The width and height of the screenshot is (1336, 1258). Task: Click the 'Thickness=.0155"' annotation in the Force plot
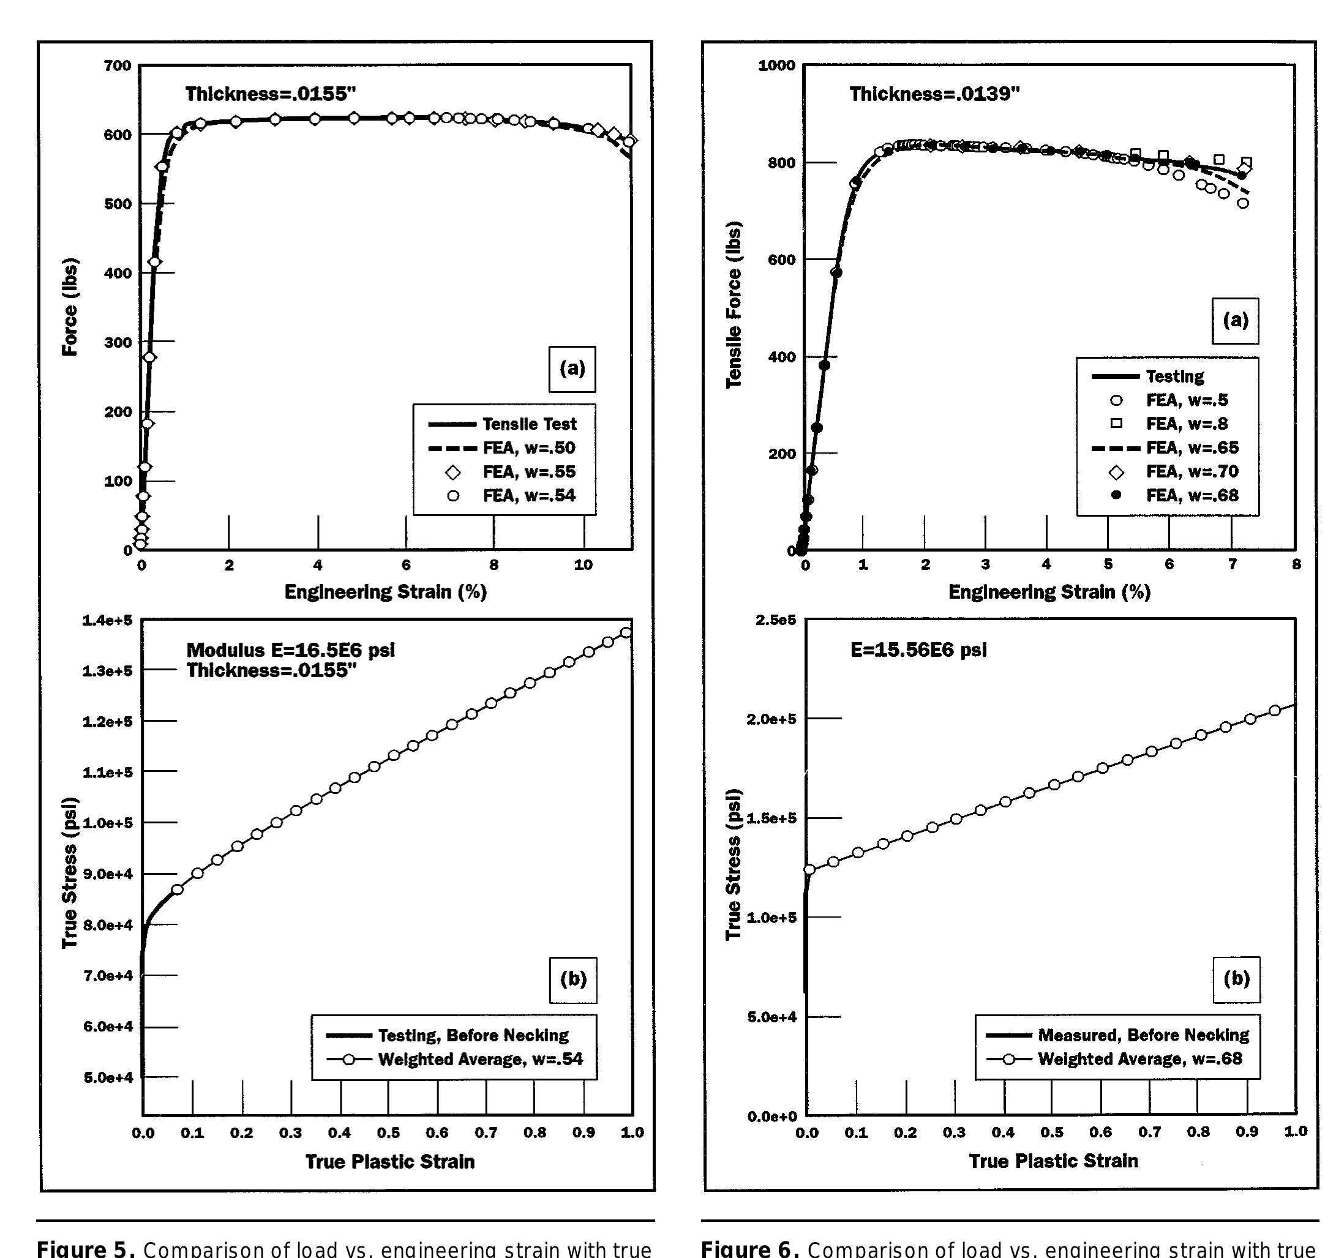(x=270, y=94)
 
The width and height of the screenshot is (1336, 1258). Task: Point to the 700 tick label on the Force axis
(x=118, y=66)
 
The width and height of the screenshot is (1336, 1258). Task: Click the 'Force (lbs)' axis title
(x=70, y=307)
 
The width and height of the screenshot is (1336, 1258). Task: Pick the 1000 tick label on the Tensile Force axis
(x=776, y=66)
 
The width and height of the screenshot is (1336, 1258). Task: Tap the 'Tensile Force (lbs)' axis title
(x=734, y=304)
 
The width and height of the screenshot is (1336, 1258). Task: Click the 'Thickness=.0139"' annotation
(x=934, y=94)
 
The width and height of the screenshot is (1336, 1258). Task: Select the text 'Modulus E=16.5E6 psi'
(x=290, y=650)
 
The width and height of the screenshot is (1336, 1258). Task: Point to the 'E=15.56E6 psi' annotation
(x=918, y=650)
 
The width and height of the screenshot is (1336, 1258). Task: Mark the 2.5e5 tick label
(x=776, y=620)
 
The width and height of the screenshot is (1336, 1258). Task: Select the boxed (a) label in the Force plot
(x=572, y=369)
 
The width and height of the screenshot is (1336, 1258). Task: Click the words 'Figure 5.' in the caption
(x=85, y=1249)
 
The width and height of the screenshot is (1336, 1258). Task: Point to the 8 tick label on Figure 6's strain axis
(x=1296, y=564)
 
